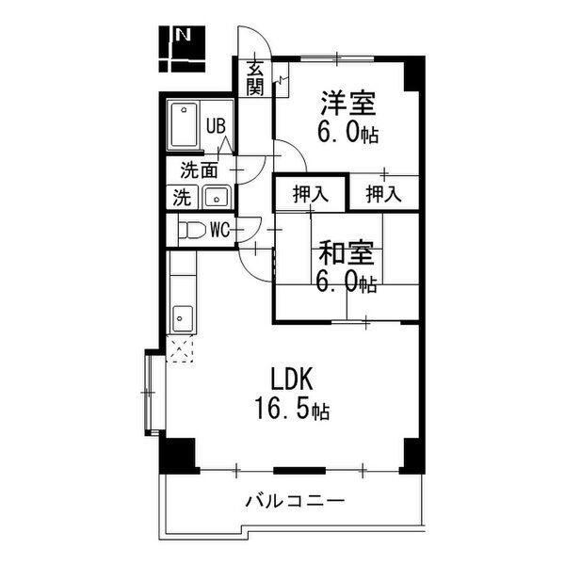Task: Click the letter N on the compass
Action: click(x=183, y=34)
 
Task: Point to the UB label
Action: click(x=216, y=126)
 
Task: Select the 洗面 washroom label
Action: click(x=199, y=170)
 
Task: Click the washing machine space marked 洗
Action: click(x=182, y=198)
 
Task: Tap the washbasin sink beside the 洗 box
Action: click(x=217, y=197)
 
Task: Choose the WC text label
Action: click(x=220, y=230)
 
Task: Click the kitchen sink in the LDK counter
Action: click(x=183, y=319)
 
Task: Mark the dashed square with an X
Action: click(x=180, y=348)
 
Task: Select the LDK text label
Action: click(x=292, y=379)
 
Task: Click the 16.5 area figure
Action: click(x=282, y=409)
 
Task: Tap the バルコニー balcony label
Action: click(x=295, y=501)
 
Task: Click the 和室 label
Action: click(x=346, y=252)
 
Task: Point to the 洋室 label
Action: click(x=348, y=103)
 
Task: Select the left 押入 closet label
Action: click(x=311, y=194)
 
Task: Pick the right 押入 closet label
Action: click(x=383, y=194)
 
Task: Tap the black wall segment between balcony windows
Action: click(x=299, y=471)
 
